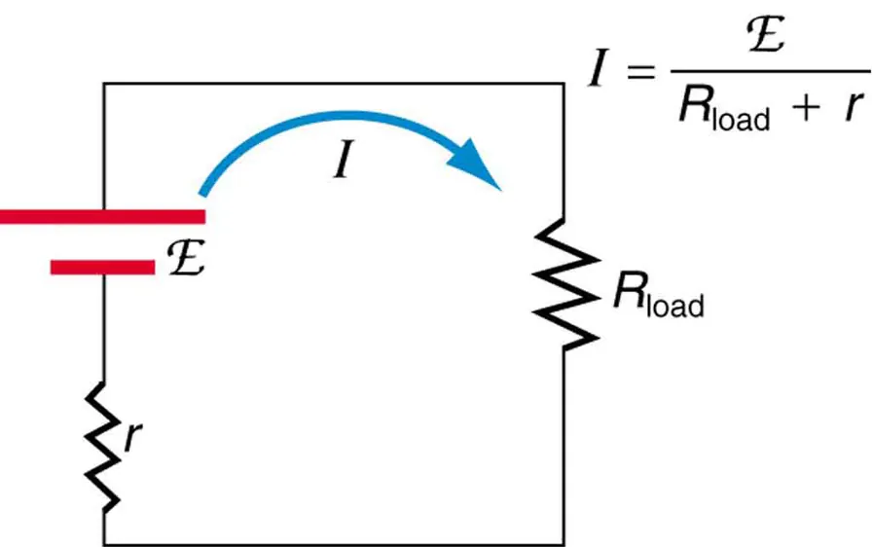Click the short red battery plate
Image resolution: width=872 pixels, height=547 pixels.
point(102,266)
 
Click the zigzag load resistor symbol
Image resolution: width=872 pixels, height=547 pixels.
point(563,283)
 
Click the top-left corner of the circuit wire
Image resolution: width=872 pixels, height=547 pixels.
point(104,84)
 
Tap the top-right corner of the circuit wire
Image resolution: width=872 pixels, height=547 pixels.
point(563,84)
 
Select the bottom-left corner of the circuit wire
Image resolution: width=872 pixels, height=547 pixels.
point(104,543)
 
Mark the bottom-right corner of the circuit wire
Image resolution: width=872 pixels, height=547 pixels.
point(563,543)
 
